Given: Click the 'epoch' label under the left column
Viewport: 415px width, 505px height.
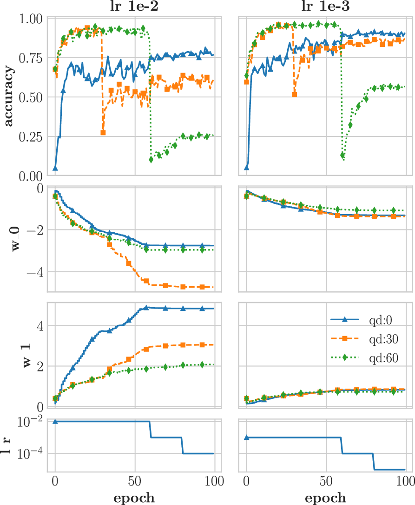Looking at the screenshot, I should pos(135,497).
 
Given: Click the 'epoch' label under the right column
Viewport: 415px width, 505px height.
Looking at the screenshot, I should pos(326,497).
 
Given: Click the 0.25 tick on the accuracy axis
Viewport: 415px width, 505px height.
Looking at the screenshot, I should pos(31,137).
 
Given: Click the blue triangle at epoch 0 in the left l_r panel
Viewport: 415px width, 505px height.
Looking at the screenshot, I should pos(55,422).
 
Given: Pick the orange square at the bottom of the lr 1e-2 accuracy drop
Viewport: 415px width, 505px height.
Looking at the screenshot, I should pos(103,133).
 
